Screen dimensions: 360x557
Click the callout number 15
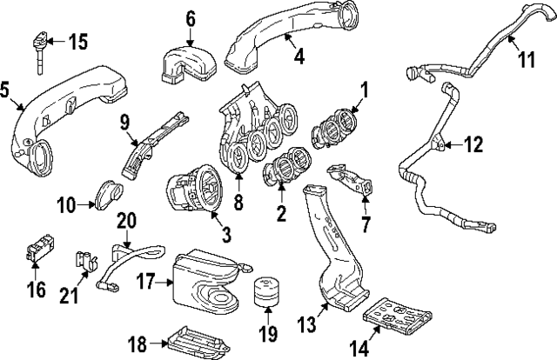pyautogui.click(x=78, y=41)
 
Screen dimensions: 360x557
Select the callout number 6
pyautogui.click(x=191, y=17)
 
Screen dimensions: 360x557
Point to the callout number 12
pyautogui.click(x=473, y=146)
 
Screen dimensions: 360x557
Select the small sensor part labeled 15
pyautogui.click(x=40, y=45)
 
